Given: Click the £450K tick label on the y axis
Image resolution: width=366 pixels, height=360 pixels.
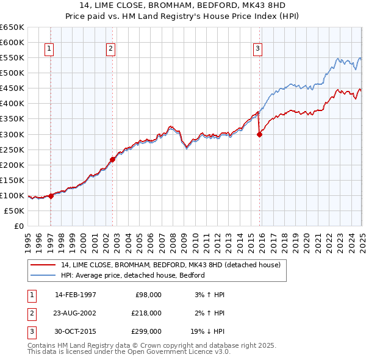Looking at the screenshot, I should point(12,88).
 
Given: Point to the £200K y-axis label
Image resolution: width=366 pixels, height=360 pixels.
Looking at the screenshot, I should point(12,165).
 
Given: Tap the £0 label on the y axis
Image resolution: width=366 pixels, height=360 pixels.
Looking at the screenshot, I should point(19,226).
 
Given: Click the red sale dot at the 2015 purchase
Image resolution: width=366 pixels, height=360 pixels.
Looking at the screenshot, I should point(259,135).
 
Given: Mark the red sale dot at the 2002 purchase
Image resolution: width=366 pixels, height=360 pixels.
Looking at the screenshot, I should point(112,159).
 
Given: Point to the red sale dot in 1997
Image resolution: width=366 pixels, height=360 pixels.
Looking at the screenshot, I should point(51,196).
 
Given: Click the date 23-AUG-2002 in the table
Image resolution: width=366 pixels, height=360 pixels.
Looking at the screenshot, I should point(76,313).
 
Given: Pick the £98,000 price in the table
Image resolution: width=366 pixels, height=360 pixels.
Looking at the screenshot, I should point(148,295).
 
